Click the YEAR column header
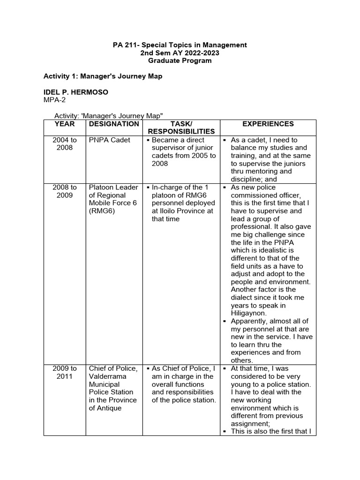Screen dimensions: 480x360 tap(64, 124)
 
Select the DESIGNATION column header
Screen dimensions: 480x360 tap(114, 124)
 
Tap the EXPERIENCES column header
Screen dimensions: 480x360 tap(268, 124)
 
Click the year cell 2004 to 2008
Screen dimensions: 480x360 tap(65, 144)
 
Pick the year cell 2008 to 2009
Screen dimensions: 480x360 tap(65, 191)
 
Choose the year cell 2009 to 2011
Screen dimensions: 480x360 tap(65, 372)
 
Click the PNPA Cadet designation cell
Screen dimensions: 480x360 tap(110, 140)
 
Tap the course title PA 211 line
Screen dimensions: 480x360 tap(180, 45)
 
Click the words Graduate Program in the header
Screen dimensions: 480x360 tap(180, 61)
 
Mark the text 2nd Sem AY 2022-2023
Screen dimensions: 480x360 tap(180, 53)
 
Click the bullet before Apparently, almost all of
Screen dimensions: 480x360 tap(225, 321)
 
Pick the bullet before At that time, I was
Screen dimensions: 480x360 tap(225, 368)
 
